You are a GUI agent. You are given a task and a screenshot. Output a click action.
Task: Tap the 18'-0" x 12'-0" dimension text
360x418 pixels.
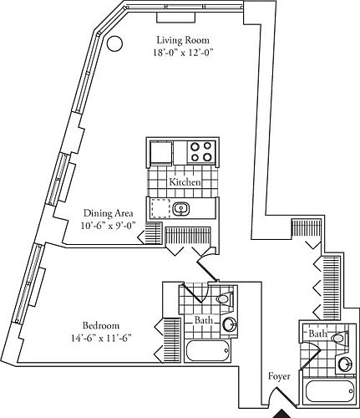pos(184,52)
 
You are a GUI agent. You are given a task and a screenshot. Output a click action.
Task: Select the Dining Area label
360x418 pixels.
pos(109,212)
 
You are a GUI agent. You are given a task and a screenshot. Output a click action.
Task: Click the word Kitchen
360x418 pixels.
pos(184,182)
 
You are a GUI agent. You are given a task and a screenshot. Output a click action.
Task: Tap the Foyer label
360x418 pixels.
pos(279,376)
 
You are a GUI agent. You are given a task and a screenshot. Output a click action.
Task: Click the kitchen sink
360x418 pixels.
pos(183,208)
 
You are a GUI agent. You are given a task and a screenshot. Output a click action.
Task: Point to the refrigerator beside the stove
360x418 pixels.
pos(160,153)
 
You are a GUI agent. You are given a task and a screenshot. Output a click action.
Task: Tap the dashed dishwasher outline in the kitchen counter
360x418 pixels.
pos(159,208)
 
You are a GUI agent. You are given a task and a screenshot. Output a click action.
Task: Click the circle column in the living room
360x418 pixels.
pos(116,44)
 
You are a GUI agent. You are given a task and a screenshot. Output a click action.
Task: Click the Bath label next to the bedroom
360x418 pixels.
pos(203,320)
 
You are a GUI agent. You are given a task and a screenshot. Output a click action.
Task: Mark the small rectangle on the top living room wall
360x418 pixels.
pos(175,18)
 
